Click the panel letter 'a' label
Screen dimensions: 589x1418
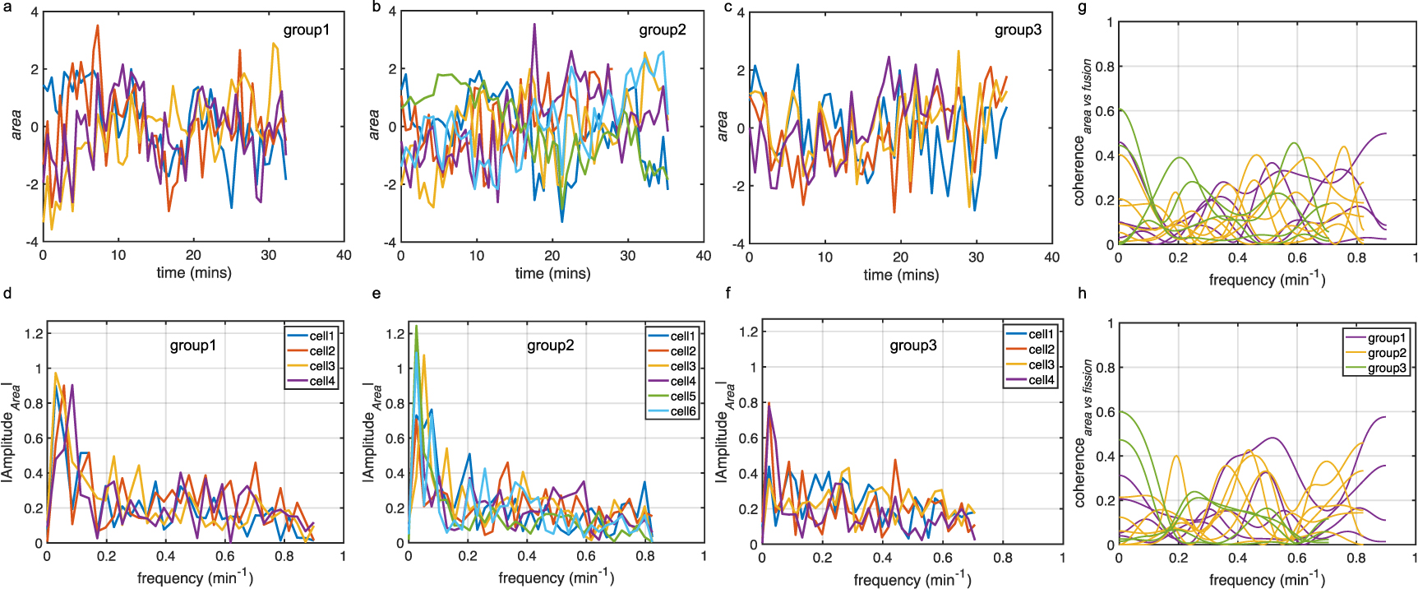tap(7, 7)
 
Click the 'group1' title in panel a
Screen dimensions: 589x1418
tap(306, 30)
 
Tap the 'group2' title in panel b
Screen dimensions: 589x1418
tap(662, 30)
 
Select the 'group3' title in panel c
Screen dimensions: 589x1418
tap(1018, 30)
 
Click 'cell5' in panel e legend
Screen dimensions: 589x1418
tap(683, 397)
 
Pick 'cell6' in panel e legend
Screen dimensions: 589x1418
tap(683, 411)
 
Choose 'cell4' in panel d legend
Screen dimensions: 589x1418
tap(322, 381)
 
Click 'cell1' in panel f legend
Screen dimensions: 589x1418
tap(1041, 334)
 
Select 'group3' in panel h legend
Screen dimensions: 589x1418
tap(1387, 368)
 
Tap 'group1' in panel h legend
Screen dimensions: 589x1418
tap(1387, 338)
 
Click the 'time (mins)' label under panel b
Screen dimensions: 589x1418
tap(552, 273)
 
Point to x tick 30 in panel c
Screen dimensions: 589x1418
tap(976, 257)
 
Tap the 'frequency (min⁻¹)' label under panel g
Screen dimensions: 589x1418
tap(1267, 280)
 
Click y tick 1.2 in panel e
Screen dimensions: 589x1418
tap(395, 334)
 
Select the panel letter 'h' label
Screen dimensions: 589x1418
tap(1082, 294)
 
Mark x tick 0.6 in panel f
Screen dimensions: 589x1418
tap(943, 558)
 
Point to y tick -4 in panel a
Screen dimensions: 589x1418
tap(32, 242)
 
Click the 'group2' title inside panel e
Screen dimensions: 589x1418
tap(550, 346)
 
